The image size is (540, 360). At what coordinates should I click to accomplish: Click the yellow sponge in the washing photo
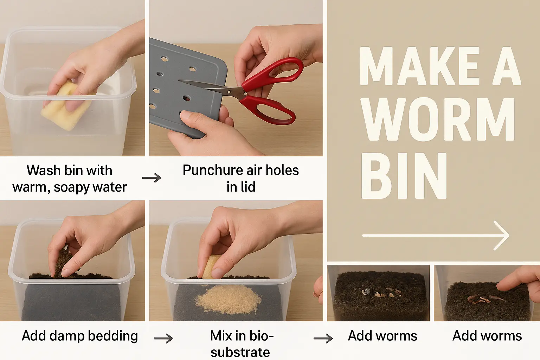coord(66,106)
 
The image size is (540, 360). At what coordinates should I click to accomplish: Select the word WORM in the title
coord(438,120)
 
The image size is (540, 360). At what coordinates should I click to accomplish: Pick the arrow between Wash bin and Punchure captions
coord(152,178)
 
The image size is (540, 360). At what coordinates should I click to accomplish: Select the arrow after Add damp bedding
coord(163,339)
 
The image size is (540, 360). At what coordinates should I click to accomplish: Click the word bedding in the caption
coord(113,336)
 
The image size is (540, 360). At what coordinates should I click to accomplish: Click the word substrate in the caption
coord(240,352)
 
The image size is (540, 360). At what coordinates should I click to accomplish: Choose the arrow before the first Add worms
coord(323,339)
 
